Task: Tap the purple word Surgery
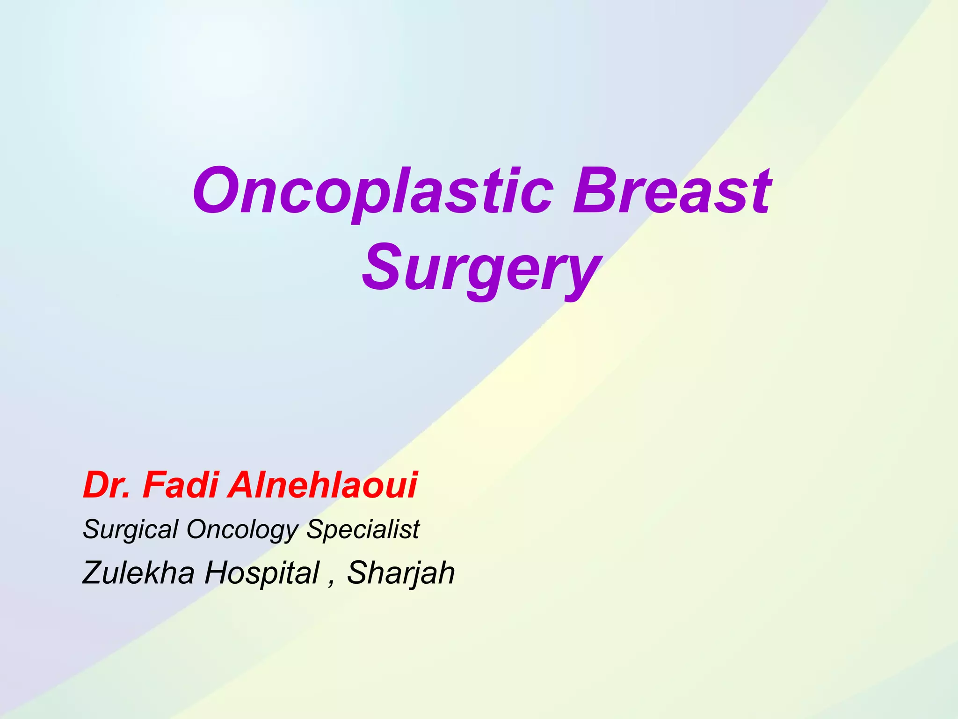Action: (x=482, y=269)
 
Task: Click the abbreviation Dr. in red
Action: (x=106, y=485)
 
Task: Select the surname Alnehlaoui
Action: (x=322, y=485)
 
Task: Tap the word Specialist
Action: (x=363, y=529)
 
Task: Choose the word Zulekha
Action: (x=138, y=572)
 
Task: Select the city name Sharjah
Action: (x=400, y=573)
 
